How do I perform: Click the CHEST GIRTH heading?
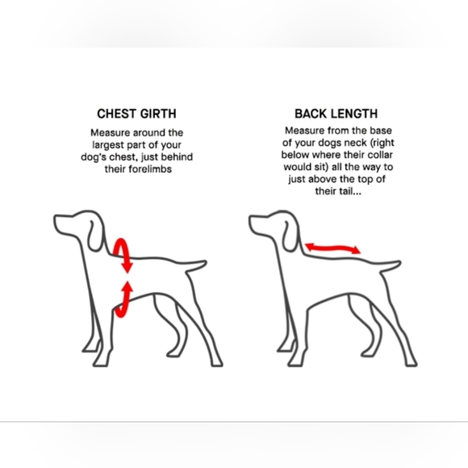136,114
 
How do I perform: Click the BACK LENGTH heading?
336,114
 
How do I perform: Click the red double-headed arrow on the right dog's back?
332,248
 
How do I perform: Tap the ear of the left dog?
95,236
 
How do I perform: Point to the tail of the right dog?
389,265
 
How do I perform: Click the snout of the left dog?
63,224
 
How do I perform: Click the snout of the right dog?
257,224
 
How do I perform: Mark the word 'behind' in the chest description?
178,157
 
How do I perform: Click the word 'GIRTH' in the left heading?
158,114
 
